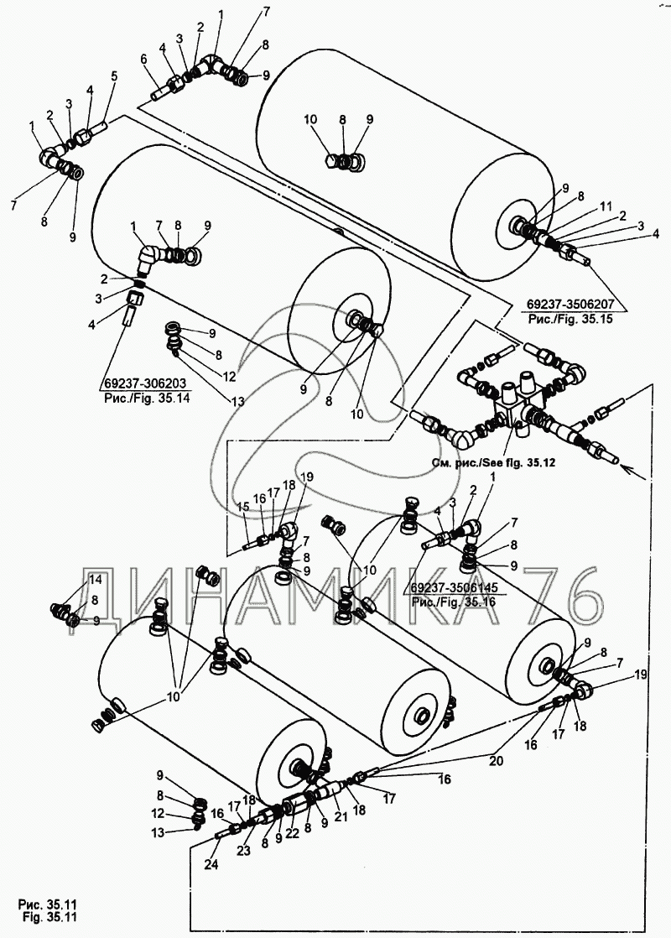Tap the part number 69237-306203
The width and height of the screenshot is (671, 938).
(x=147, y=385)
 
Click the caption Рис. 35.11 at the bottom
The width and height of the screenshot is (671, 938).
(x=47, y=904)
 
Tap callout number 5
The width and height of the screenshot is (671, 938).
(x=115, y=76)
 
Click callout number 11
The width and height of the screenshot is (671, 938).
(x=606, y=206)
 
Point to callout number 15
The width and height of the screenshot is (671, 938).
(x=243, y=507)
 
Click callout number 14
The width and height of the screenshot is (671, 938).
(x=71, y=579)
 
